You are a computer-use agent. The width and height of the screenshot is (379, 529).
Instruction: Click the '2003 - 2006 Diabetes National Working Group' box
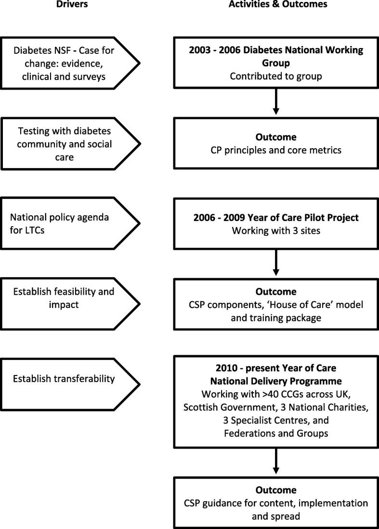[x=275, y=63]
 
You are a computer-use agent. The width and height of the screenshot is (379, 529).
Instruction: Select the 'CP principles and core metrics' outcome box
[x=275, y=143]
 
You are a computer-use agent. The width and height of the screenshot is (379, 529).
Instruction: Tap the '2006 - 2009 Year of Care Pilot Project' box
[x=275, y=223]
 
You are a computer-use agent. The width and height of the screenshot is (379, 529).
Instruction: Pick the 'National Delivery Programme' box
[x=275, y=402]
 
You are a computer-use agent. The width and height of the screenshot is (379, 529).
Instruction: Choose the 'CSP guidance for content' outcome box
[x=275, y=503]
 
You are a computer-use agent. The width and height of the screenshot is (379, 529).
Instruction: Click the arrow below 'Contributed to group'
[x=275, y=103]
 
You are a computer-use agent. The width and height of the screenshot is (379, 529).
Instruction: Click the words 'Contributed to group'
[x=275, y=76]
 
